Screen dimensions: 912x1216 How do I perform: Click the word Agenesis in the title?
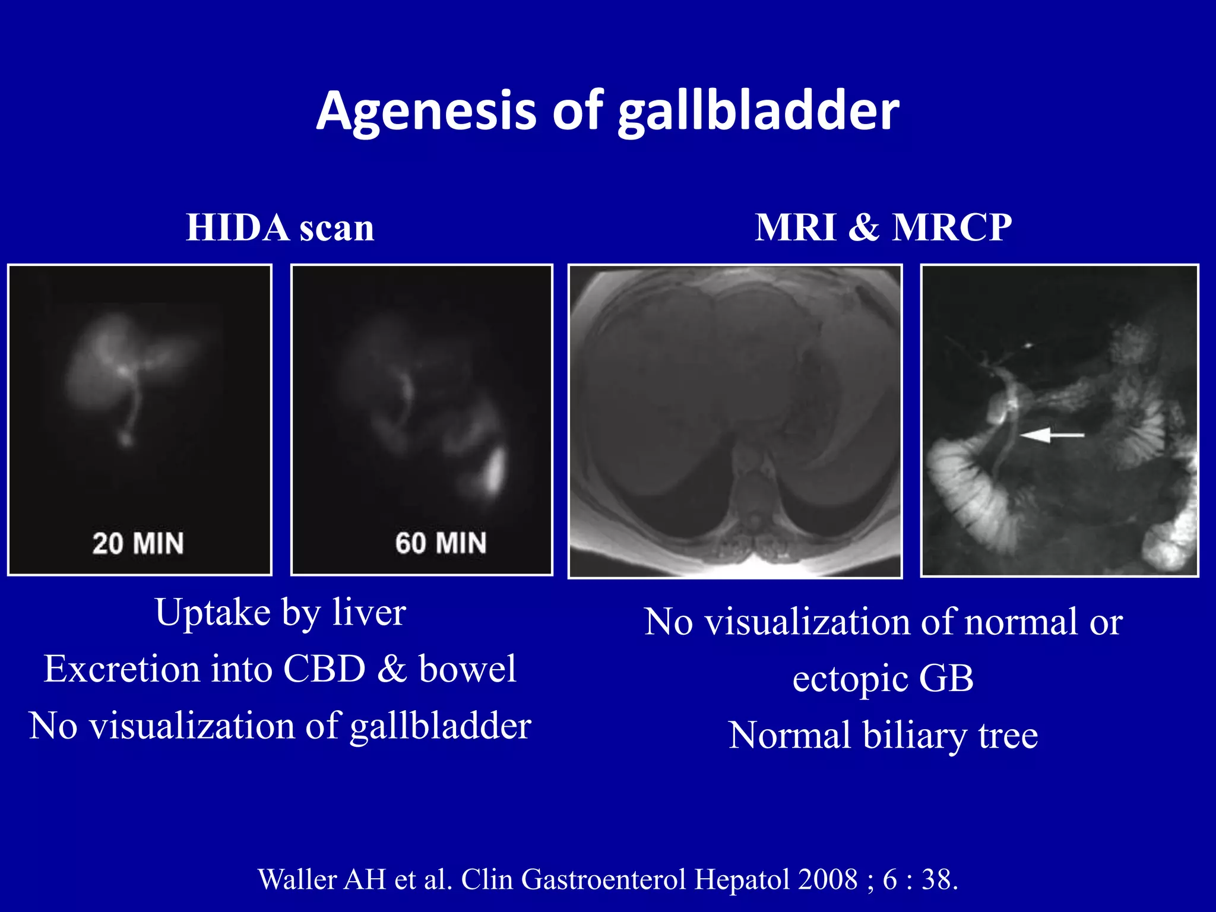click(427, 111)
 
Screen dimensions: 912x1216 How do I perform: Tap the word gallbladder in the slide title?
click(758, 111)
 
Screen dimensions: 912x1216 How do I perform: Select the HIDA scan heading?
click(280, 227)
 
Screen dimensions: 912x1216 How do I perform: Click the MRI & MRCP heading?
click(883, 227)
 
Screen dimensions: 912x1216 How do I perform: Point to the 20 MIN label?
click(138, 543)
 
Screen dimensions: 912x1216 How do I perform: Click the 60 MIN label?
click(441, 543)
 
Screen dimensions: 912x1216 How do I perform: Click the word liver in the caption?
click(369, 612)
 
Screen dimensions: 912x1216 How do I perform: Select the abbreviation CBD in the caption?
click(324, 669)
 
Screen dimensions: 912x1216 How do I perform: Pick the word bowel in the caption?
click(467, 669)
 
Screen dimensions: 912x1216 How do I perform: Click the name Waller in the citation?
click(297, 879)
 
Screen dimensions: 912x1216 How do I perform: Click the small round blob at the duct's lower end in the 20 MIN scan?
click(125, 440)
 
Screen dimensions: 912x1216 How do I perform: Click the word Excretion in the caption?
click(122, 669)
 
